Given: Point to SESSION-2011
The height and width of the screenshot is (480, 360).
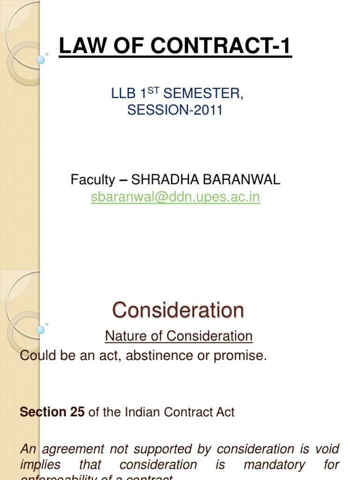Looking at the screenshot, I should (175, 111).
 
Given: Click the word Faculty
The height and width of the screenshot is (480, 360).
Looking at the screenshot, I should (92, 179).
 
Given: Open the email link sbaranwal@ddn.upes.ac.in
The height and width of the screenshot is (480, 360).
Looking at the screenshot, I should (175, 197).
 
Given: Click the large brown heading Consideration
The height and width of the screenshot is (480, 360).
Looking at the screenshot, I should (178, 310).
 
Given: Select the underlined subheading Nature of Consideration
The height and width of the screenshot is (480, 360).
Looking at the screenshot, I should (179, 336).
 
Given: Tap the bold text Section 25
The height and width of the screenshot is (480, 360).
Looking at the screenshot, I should (52, 412).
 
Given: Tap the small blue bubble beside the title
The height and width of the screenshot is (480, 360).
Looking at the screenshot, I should (41, 59).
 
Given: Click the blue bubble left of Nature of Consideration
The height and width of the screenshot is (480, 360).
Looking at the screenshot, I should (41, 330).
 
